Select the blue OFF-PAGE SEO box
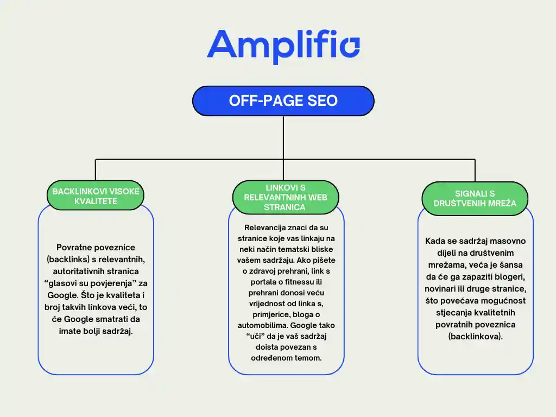pos(283,101)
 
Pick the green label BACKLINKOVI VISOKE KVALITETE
pos(96,196)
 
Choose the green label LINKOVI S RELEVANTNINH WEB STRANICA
pos(286,197)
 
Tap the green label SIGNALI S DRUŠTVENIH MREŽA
pos(475,199)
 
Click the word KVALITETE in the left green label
pos(96,201)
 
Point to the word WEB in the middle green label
pos(318,197)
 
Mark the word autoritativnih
pos(78,271)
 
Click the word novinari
pos(442,288)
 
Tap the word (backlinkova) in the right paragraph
pos(475,336)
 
